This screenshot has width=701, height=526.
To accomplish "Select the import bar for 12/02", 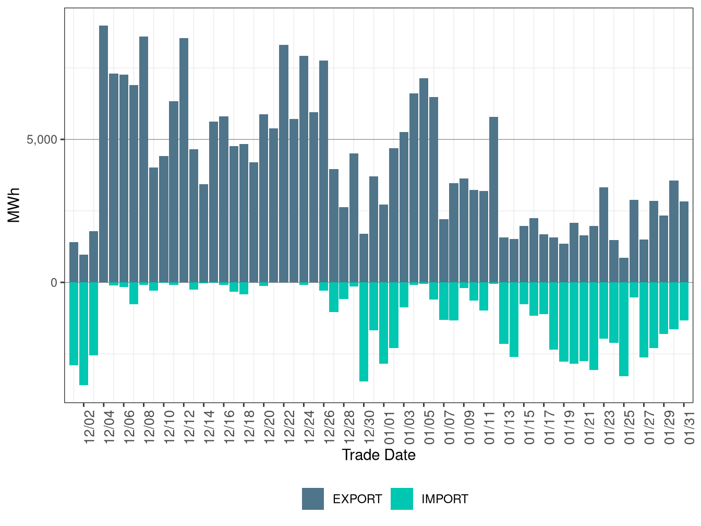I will coord(83,333).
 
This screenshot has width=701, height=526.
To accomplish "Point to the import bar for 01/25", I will coord(624,329).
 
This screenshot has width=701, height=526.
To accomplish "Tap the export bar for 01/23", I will coord(604,235).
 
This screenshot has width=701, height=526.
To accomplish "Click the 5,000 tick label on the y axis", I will coord(42,140).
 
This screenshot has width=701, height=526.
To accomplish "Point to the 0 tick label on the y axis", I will coord(54,282).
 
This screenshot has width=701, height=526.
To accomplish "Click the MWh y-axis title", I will coord(14,205).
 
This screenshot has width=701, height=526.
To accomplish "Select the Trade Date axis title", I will coord(379,455).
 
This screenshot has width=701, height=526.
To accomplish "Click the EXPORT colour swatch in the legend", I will coord(313,499).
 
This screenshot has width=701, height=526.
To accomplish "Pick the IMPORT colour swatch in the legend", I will coord(402,499).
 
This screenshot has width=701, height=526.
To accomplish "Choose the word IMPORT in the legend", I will coord(444,499).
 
